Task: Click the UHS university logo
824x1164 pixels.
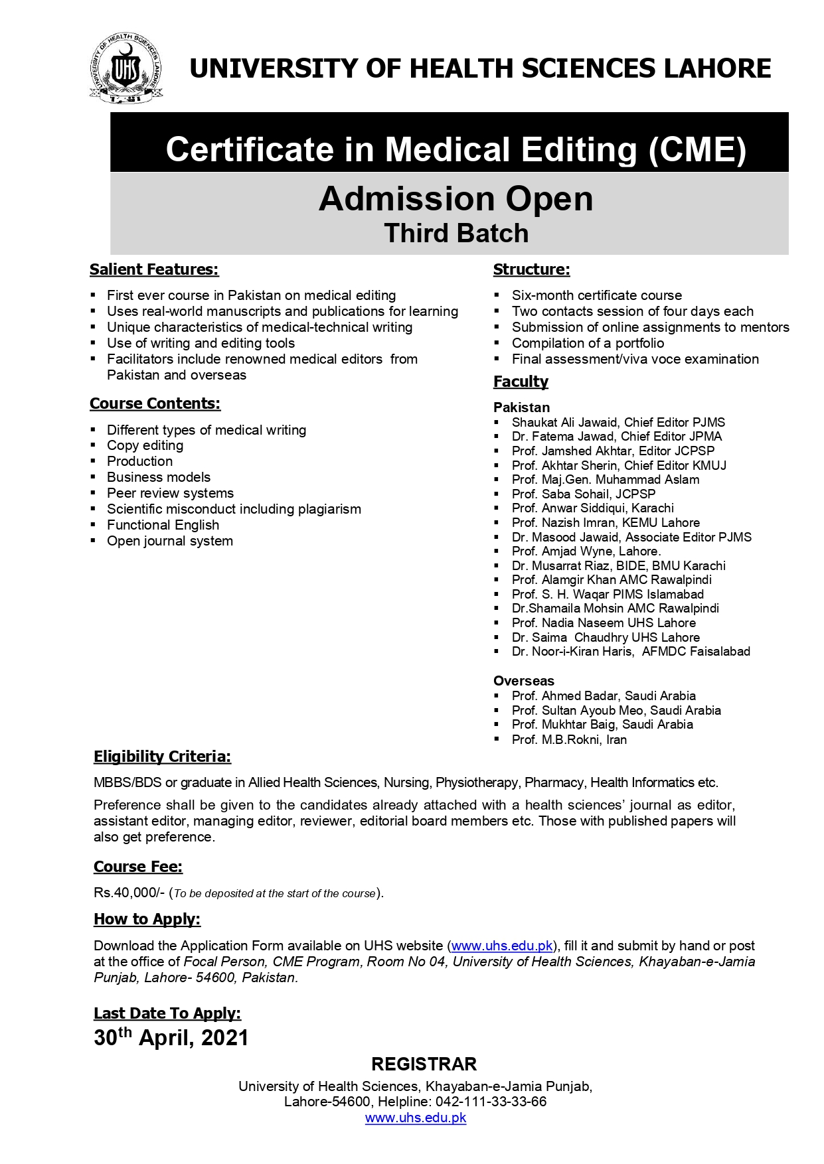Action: click(x=125, y=68)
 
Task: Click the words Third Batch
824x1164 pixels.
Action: click(x=456, y=234)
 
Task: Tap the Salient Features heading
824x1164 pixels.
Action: click(x=154, y=269)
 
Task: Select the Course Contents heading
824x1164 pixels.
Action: click(x=155, y=403)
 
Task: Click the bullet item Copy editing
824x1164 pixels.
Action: click(x=145, y=445)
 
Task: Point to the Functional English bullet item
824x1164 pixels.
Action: click(x=163, y=525)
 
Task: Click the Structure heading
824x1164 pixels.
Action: click(x=531, y=269)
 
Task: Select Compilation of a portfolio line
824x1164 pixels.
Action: click(x=588, y=343)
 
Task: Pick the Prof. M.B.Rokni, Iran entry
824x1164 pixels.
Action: click(x=569, y=739)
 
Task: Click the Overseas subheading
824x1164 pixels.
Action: click(x=523, y=681)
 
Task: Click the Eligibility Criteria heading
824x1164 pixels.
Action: click(x=162, y=757)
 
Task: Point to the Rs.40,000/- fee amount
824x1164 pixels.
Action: click(x=129, y=893)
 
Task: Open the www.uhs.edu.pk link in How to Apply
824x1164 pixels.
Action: click(x=502, y=946)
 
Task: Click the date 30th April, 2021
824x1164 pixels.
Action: click(x=171, y=1038)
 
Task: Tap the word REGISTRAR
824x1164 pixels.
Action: click(x=424, y=1064)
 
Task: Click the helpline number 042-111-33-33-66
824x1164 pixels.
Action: click(x=491, y=1102)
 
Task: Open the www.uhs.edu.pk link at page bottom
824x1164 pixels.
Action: click(x=416, y=1118)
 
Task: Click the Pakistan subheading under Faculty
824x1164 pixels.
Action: click(x=521, y=407)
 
